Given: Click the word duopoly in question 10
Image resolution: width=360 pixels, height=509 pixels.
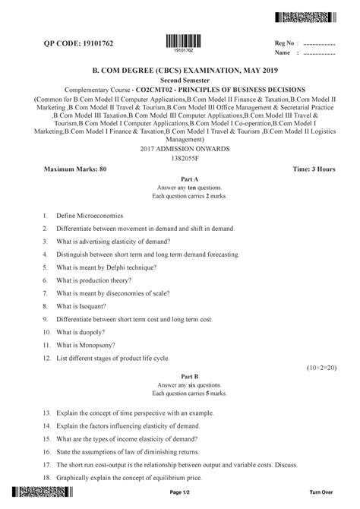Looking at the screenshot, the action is (91, 333).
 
